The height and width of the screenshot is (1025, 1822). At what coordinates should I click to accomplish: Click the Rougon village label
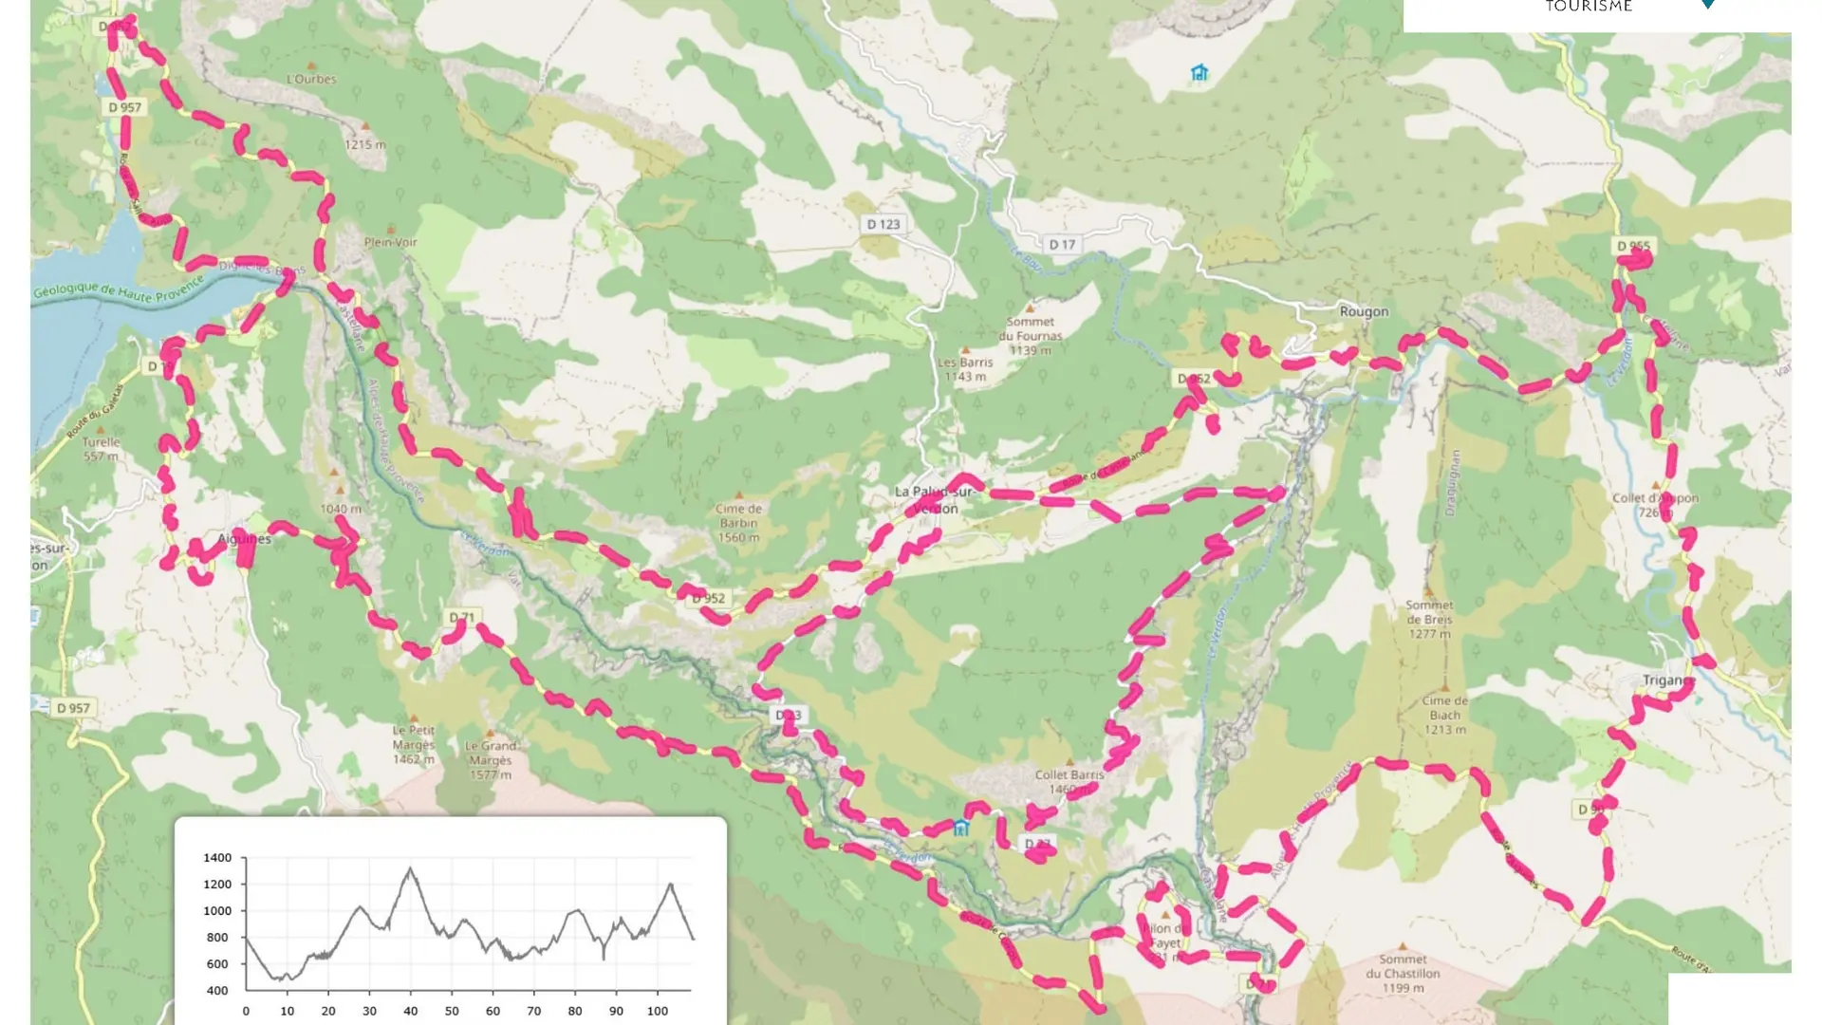coord(1364,311)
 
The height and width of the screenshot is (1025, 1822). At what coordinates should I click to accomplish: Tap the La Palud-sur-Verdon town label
coord(934,499)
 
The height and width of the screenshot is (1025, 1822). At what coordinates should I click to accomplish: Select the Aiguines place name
coord(244,539)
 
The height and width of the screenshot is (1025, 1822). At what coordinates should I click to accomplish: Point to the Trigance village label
coord(1667,680)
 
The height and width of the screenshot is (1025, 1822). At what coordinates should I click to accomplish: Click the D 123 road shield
coord(883,225)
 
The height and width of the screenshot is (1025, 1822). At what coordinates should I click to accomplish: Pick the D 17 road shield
coord(1062,245)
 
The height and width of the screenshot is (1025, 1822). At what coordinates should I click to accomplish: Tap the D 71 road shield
coord(462,618)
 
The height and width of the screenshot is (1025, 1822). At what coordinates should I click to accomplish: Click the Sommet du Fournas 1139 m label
coord(1030,336)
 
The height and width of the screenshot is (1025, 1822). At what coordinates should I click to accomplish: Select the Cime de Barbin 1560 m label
coord(738,523)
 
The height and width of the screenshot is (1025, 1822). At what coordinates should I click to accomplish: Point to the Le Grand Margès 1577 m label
coord(491,759)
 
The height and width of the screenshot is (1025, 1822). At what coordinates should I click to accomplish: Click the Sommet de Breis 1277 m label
coord(1429,619)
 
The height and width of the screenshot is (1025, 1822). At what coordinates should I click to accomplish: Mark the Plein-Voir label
coord(391,242)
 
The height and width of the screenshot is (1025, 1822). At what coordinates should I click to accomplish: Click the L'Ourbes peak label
coord(311,79)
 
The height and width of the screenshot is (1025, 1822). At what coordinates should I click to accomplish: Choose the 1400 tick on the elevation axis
coord(217,858)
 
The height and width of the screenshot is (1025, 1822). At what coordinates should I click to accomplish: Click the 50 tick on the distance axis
coord(452,1011)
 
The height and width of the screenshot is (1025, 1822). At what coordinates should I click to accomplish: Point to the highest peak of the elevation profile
coord(410,867)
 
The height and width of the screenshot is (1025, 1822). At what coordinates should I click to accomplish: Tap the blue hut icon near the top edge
coord(1199,73)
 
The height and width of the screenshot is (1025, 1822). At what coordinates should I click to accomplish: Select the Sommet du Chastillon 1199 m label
coord(1403,973)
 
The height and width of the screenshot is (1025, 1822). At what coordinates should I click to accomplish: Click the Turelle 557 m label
coord(101,448)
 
